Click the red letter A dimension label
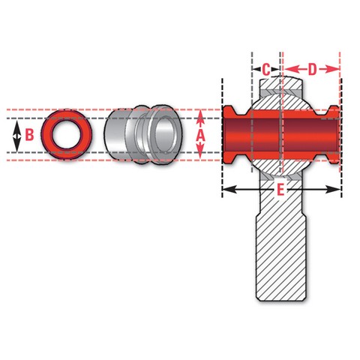coord(200,136)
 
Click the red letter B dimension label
coord(30,135)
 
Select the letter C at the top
coord(266,70)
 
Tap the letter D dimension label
coord(312,69)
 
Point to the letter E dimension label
coord(280,190)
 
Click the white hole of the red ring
coord(67,134)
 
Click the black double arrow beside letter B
coord(16,136)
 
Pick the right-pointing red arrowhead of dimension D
coord(332,69)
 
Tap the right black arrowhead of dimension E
coord(333,189)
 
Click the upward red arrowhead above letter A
coord(200,118)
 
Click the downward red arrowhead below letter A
coord(200,151)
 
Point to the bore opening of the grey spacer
coord(165,136)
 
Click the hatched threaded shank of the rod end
coord(281,257)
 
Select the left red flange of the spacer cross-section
coord(229,135)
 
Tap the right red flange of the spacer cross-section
coord(334,135)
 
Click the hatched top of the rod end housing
coord(280,85)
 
